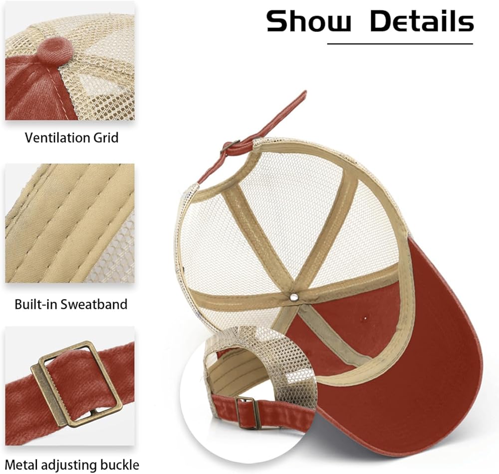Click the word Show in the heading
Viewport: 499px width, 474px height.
308,20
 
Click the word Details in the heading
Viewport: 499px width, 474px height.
422,20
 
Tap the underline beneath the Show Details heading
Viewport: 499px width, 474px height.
400,43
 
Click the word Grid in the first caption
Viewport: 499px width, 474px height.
106,138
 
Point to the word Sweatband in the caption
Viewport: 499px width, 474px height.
94,304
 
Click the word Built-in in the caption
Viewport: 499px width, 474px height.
36,304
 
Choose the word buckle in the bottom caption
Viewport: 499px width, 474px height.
120,465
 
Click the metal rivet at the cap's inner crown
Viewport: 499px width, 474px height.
294,297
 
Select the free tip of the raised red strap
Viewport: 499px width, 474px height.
305,93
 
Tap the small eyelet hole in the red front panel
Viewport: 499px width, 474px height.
365,318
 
